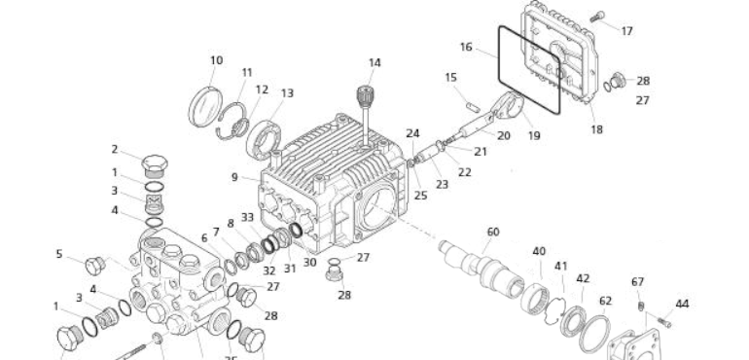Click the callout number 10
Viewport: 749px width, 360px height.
216,60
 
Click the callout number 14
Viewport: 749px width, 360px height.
374,63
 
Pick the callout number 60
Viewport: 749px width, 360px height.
493,232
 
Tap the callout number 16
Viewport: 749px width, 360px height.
466,47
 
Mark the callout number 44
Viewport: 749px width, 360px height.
682,304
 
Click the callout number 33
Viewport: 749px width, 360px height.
248,217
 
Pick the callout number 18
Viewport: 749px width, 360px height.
596,128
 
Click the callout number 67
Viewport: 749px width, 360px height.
638,282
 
